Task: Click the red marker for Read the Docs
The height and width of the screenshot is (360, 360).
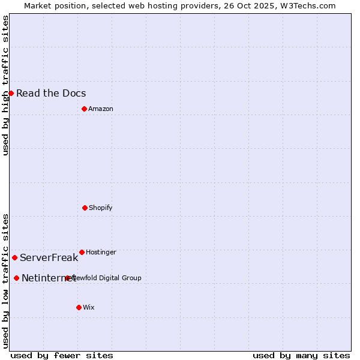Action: pyautogui.click(x=11, y=93)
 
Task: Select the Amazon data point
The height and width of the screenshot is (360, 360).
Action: pyautogui.click(x=84, y=109)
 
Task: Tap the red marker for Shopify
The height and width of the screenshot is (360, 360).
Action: pyautogui.click(x=85, y=208)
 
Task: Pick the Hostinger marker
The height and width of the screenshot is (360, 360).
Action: pyautogui.click(x=82, y=252)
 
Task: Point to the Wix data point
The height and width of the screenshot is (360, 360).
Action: pyautogui.click(x=79, y=307)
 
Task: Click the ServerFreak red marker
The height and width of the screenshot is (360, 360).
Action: pyautogui.click(x=14, y=257)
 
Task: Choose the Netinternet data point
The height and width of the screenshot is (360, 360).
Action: pyautogui.click(x=16, y=278)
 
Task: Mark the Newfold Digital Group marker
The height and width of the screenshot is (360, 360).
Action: pyautogui.click(x=68, y=278)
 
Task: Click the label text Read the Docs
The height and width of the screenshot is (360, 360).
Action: pyautogui.click(x=51, y=93)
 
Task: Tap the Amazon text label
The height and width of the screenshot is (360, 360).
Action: pyautogui.click(x=101, y=109)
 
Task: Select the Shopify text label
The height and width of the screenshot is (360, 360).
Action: pyautogui.click(x=101, y=208)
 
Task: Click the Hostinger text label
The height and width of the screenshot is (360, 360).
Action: pyautogui.click(x=101, y=252)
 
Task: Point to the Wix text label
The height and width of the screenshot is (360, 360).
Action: pyautogui.click(x=89, y=307)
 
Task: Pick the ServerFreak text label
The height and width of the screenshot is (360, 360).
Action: pyautogui.click(x=49, y=258)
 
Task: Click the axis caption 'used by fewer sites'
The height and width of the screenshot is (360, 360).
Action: pyautogui.click(x=62, y=355)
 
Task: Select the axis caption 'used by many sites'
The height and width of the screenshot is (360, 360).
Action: pyautogui.click(x=301, y=355)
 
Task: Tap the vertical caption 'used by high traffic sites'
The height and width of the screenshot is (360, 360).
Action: pyautogui.click(x=5, y=85)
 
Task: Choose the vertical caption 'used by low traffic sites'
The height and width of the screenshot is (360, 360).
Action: pyautogui.click(x=5, y=280)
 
